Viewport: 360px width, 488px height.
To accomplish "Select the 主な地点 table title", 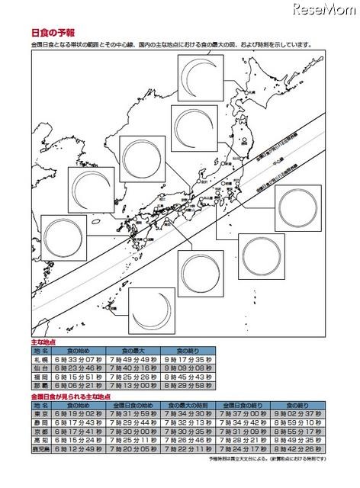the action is pos(43,343).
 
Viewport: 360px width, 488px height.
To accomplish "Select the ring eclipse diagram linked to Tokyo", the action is pos(301,208).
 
